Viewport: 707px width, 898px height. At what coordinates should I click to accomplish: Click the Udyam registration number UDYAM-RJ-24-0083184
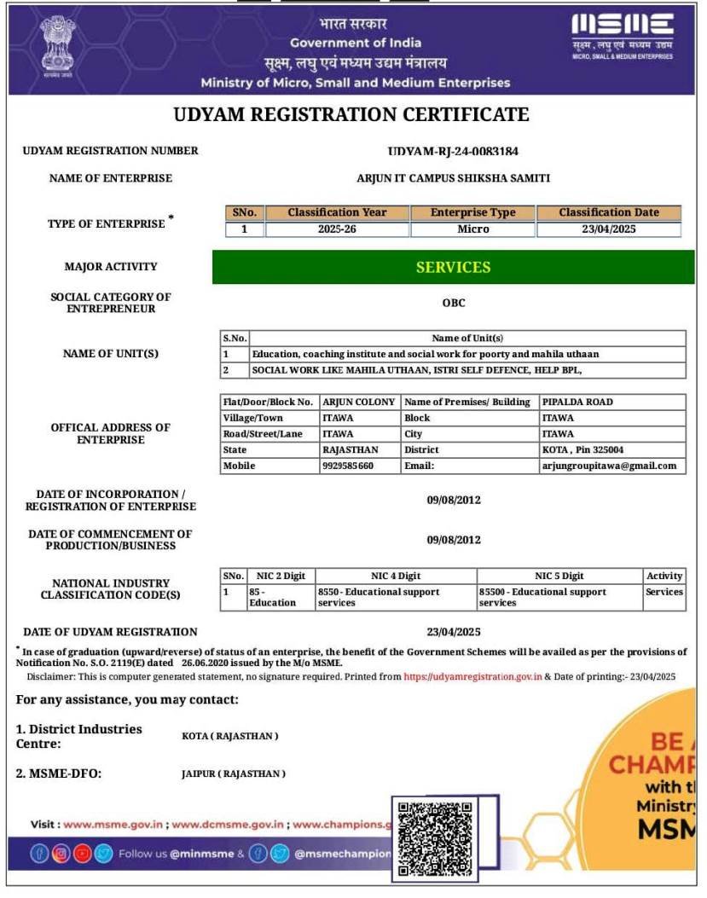tap(453, 151)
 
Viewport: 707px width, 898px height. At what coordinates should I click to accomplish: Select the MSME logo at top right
tap(622, 37)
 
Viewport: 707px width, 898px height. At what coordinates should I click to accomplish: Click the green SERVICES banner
tap(453, 267)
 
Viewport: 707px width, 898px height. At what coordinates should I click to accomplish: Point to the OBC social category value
tap(454, 303)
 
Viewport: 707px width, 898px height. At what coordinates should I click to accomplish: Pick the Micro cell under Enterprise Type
tap(472, 229)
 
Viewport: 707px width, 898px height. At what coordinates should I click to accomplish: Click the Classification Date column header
tap(608, 212)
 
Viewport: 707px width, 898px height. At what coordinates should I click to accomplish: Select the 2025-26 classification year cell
tap(337, 229)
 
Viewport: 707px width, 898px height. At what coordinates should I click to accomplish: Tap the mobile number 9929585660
tap(348, 466)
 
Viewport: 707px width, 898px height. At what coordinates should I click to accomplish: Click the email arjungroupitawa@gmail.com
tap(609, 466)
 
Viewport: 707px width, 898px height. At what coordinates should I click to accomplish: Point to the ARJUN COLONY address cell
tap(358, 402)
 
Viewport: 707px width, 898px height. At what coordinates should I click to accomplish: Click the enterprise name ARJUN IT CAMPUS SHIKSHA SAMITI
tap(453, 178)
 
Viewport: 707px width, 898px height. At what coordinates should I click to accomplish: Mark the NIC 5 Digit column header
tap(559, 576)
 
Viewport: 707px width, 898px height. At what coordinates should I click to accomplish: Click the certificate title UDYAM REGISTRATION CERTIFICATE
tap(351, 114)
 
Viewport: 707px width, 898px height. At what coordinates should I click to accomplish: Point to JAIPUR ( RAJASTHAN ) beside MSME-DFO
tap(233, 773)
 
